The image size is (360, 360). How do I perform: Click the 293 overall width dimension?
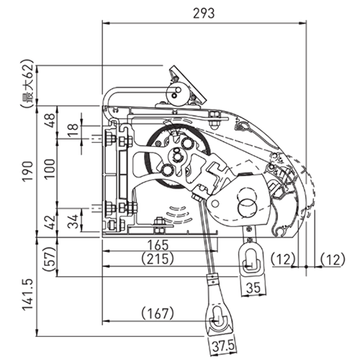(x=204, y=13)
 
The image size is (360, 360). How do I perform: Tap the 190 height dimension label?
(x=27, y=171)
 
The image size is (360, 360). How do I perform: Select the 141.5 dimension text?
(x=27, y=294)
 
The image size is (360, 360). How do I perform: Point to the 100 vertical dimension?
(x=50, y=168)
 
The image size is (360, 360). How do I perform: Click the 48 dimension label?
(x=50, y=121)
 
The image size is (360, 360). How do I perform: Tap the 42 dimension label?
(x=50, y=222)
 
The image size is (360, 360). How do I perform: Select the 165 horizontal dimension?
(x=158, y=245)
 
